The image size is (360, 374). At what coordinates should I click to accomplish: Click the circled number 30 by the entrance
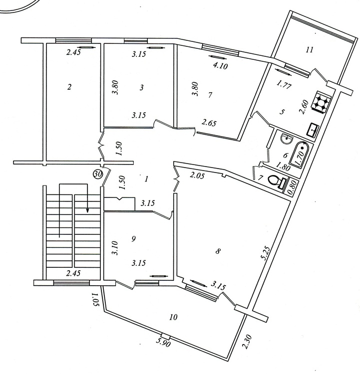[98, 175]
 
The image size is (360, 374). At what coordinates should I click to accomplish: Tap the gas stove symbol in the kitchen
[322, 101]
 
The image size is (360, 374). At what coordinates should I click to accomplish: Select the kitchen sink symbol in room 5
[314, 130]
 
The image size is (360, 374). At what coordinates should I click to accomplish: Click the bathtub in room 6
[300, 155]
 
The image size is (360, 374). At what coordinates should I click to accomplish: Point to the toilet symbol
[278, 182]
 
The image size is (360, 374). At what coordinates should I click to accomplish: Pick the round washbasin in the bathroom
[286, 139]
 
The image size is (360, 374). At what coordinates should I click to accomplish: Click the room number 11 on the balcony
[309, 50]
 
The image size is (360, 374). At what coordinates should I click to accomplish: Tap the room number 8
[218, 251]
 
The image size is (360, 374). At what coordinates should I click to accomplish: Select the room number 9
[133, 238]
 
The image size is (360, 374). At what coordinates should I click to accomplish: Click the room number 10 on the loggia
[173, 317]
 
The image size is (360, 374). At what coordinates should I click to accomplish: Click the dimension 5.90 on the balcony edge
[163, 343]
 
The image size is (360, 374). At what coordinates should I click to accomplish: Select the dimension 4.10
[220, 66]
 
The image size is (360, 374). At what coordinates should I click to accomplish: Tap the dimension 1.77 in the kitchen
[284, 85]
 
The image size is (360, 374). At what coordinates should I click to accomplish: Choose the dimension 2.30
[247, 342]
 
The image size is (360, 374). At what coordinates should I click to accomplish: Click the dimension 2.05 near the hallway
[197, 176]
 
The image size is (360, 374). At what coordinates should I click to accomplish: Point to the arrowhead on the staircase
[88, 209]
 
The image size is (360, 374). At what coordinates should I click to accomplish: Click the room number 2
[69, 87]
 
